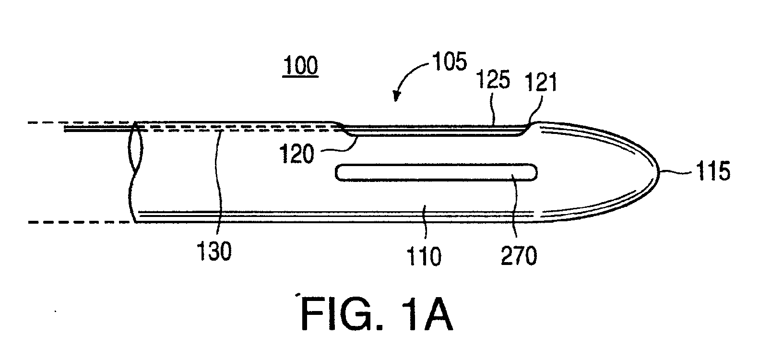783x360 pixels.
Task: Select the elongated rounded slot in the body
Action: pos(436,173)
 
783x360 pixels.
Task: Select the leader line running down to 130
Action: pos(218,182)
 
